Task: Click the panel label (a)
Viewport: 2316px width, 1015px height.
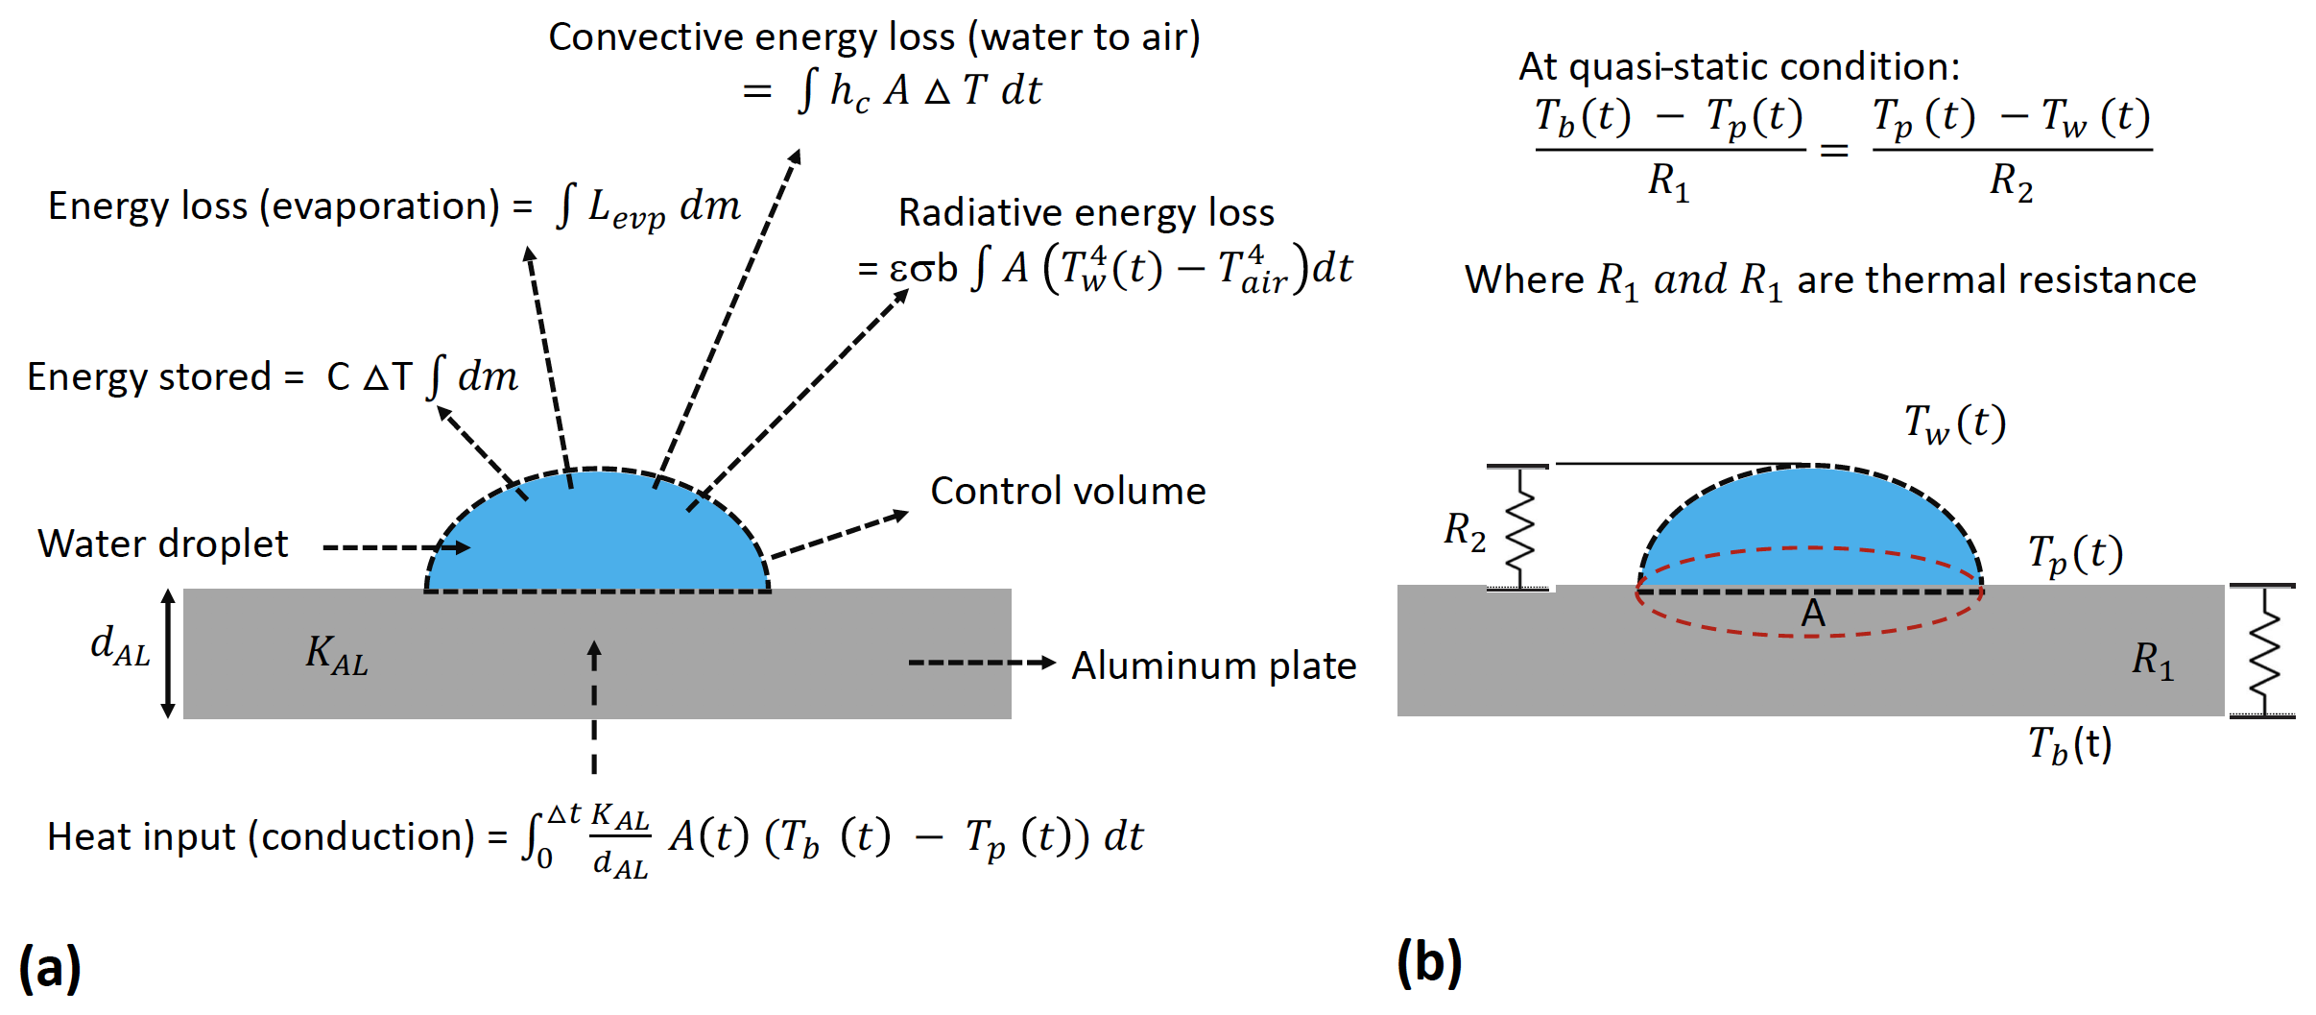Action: pos(50,967)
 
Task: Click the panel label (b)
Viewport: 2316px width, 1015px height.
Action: pos(1429,962)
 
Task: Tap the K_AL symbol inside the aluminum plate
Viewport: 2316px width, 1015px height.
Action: pos(336,655)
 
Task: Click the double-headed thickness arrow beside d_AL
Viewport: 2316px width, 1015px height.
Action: pos(168,654)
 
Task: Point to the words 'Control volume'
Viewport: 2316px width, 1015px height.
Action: pos(1067,492)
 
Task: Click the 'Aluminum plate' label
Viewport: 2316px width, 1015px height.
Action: pos(1213,665)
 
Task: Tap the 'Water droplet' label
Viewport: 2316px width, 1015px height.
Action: pos(163,544)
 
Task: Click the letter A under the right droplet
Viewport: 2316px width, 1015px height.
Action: pos(1812,614)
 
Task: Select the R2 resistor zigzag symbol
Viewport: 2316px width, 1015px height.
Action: pos(1518,528)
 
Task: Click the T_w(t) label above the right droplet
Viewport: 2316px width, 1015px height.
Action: pos(1955,423)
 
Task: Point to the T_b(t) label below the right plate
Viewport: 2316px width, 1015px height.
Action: pos(2069,745)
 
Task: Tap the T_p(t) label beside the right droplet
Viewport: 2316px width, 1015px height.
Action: pos(2075,555)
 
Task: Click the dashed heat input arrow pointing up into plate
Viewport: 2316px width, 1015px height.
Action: pos(594,706)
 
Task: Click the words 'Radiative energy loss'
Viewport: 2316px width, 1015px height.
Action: pos(1086,213)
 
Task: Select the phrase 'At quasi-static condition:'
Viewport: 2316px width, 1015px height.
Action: pos(1738,67)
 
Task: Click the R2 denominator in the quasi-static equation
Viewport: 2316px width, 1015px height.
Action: pos(2011,181)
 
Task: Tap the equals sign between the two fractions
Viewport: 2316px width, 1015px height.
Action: pos(1834,151)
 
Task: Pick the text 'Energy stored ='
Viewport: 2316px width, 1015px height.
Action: pos(165,377)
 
